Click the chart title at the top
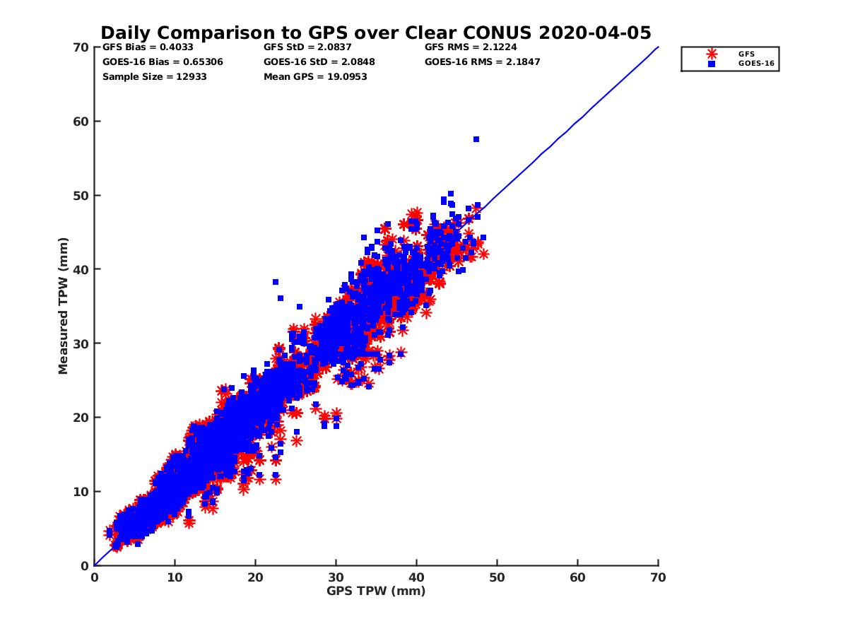click(x=376, y=33)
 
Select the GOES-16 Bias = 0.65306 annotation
click(x=163, y=62)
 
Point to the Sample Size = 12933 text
click(x=154, y=76)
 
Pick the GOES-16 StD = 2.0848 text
click(x=319, y=62)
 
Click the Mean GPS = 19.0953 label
click(x=315, y=76)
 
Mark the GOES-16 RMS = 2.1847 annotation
click(x=481, y=62)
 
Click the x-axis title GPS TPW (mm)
click(x=376, y=591)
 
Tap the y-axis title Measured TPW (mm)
click(x=64, y=305)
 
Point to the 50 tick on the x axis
click(x=497, y=577)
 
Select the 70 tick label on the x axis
click(x=658, y=577)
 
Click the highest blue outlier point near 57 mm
click(x=476, y=139)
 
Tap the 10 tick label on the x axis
click(x=175, y=577)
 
